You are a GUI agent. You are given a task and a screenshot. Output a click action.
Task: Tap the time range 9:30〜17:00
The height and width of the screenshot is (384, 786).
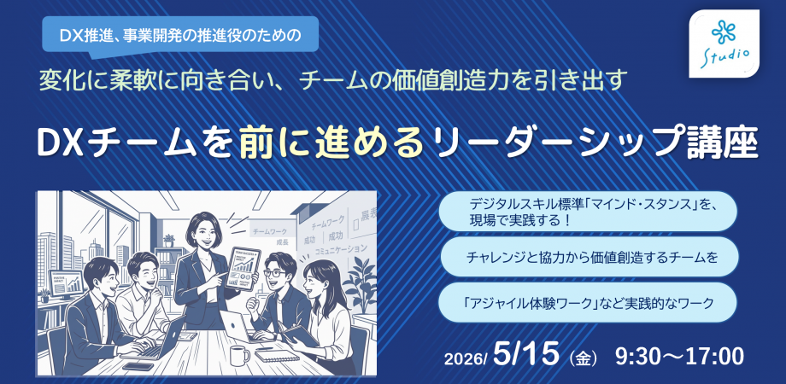click(678, 354)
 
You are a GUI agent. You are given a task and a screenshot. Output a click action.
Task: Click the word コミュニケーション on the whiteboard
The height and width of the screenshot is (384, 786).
click(339, 248)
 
